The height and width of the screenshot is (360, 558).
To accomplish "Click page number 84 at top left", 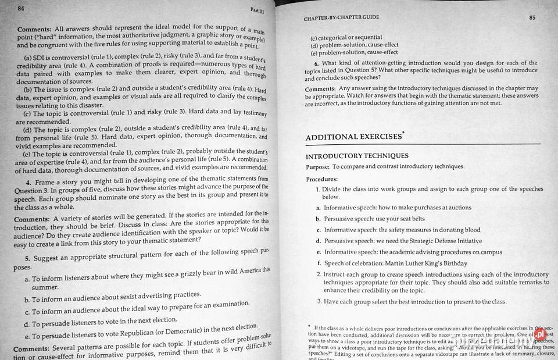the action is (x=21, y=9).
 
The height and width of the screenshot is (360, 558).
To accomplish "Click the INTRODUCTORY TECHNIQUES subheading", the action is (x=357, y=156).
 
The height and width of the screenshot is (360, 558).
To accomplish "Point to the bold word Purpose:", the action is (x=318, y=167).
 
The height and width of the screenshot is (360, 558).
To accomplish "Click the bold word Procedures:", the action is (x=321, y=179).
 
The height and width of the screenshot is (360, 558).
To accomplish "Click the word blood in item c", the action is (x=473, y=230).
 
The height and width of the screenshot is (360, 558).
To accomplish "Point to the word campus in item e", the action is (x=492, y=252).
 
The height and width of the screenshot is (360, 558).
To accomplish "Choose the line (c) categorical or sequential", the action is (x=346, y=38).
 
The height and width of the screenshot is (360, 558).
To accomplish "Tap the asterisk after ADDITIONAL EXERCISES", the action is (x=403, y=133).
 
